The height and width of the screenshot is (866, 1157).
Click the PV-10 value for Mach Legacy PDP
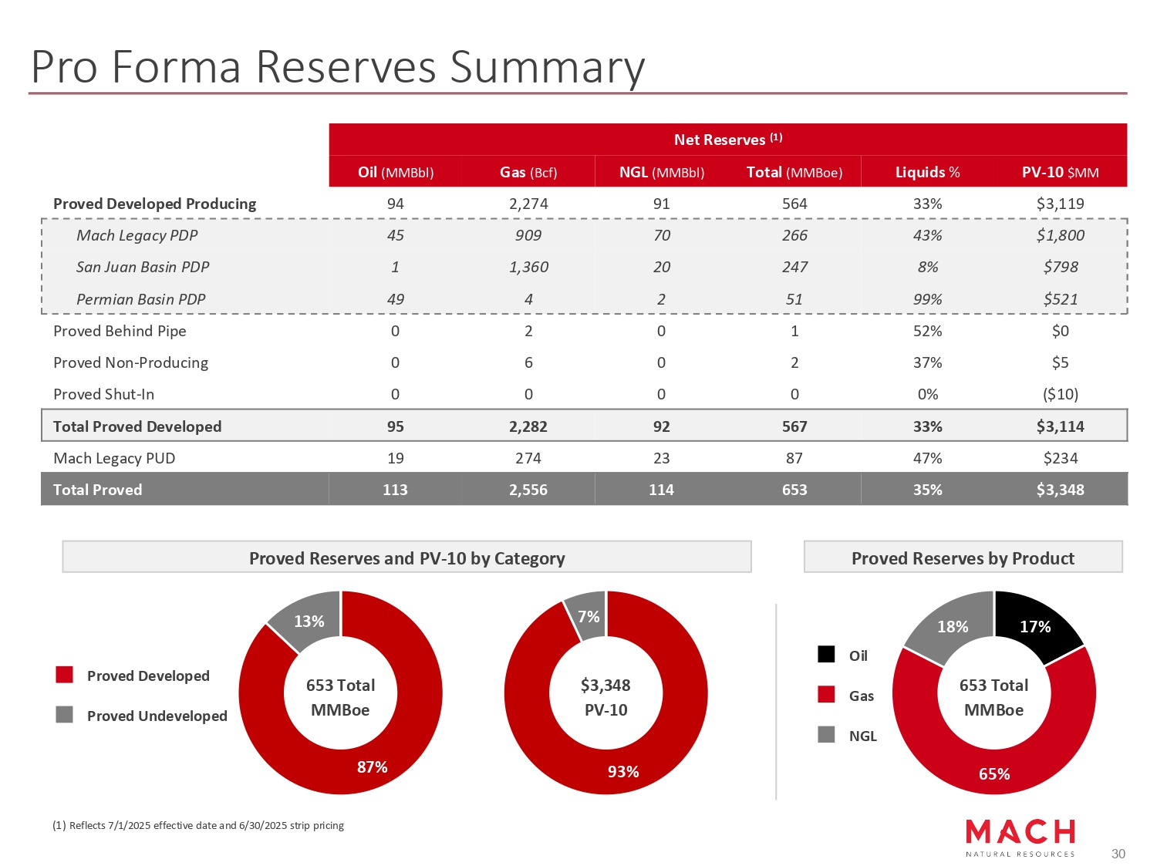click(x=1060, y=235)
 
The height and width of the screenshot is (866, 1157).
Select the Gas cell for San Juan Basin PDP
click(x=528, y=267)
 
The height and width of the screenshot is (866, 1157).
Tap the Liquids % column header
click(x=927, y=172)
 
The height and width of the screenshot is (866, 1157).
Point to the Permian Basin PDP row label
click(x=140, y=299)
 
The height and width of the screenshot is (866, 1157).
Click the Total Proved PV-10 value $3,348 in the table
click(x=1060, y=490)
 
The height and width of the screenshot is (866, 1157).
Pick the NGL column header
click(x=661, y=172)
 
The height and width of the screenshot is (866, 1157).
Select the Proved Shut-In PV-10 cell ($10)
click(x=1060, y=394)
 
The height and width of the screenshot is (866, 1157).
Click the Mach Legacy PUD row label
click(x=114, y=458)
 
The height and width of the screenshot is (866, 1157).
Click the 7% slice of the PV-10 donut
click(x=589, y=616)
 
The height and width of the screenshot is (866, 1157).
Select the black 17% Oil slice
click(x=1036, y=626)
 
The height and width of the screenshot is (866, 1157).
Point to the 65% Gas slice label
click(x=993, y=773)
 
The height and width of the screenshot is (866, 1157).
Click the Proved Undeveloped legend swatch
click(x=65, y=715)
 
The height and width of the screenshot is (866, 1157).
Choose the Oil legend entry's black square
click(x=826, y=655)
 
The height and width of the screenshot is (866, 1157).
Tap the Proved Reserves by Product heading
click(x=963, y=558)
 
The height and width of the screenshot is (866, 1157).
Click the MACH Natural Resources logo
click(x=1020, y=837)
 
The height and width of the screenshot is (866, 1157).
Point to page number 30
click(x=1118, y=854)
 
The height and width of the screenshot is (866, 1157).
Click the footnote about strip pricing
click(x=198, y=825)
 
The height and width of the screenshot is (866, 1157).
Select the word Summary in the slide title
click(x=547, y=67)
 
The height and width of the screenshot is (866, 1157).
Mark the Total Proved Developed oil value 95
click(x=395, y=426)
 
